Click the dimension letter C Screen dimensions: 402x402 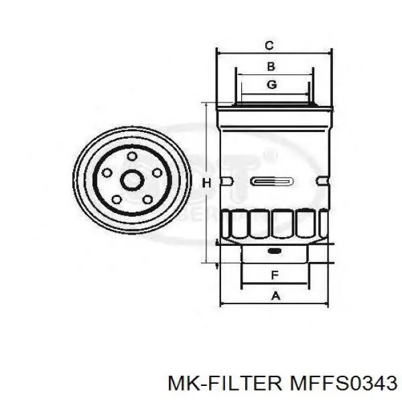click(x=269, y=46)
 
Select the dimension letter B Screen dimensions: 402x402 click(x=271, y=66)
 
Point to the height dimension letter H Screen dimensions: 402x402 click(x=207, y=183)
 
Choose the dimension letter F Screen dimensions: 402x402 click(x=273, y=275)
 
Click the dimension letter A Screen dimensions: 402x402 click(x=273, y=295)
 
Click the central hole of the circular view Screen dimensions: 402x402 click(x=131, y=181)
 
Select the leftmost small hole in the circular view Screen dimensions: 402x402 click(x=106, y=172)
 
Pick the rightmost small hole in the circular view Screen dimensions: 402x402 click(x=157, y=172)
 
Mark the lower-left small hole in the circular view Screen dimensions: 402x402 click(x=117, y=199)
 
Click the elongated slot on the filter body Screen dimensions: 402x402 click(x=272, y=182)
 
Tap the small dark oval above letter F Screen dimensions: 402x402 click(x=273, y=252)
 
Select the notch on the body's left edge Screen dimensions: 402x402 click(x=226, y=181)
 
